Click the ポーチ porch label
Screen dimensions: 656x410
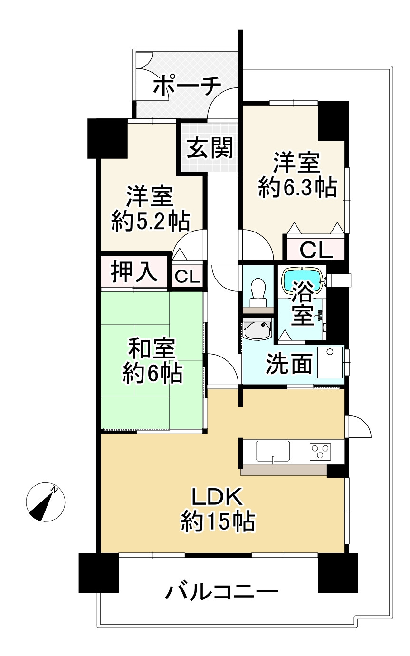pyautogui.click(x=188, y=86)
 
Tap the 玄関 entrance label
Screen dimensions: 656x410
pyautogui.click(x=210, y=147)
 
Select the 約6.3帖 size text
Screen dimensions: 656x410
pyautogui.click(x=297, y=188)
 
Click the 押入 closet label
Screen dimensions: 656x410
pyautogui.click(x=134, y=272)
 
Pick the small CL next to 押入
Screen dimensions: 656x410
pyautogui.click(x=188, y=276)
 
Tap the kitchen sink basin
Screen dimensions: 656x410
pyautogui.click(x=273, y=451)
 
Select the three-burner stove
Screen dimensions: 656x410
pyautogui.click(x=320, y=451)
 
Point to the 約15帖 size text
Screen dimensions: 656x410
pyautogui.click(x=218, y=521)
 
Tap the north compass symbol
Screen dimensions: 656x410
pyautogui.click(x=45, y=502)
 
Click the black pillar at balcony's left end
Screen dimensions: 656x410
pyautogui.click(x=98, y=573)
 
